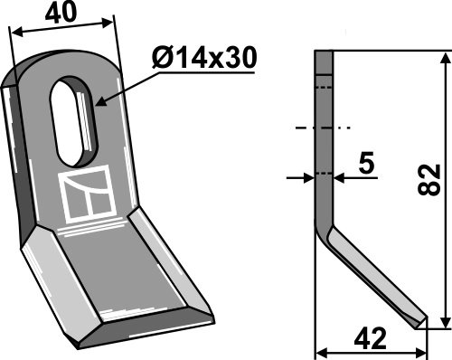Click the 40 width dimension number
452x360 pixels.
click(61, 13)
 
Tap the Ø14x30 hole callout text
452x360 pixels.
click(204, 58)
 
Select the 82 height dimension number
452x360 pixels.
click(429, 180)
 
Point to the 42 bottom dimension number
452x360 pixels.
click(370, 338)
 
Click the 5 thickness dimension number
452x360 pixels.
click(366, 163)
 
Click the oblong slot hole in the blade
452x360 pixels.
click(74, 121)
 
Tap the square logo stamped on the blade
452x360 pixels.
click(88, 194)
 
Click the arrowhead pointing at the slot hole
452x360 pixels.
click(101, 102)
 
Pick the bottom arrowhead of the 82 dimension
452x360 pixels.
click(445, 321)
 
